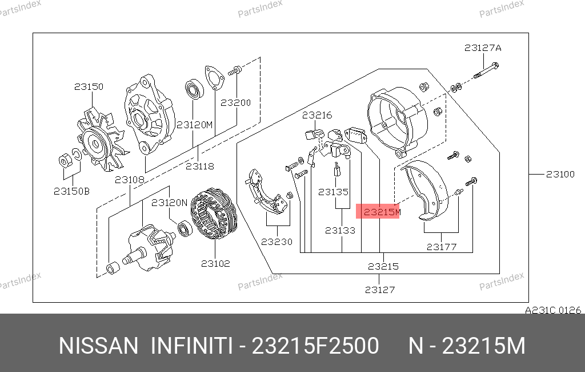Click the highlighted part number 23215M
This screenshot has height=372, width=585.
point(382,212)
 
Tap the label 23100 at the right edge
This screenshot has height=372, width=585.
point(560,174)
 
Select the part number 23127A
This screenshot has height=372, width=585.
point(483,48)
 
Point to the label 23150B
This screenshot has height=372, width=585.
point(71,191)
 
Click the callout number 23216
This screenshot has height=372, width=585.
point(316,115)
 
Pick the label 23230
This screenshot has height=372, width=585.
point(277,242)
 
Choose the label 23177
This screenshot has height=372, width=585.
point(442,247)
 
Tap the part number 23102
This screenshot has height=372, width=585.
point(215,264)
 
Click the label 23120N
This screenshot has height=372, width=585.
point(169,203)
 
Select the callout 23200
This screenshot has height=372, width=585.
point(235,103)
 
